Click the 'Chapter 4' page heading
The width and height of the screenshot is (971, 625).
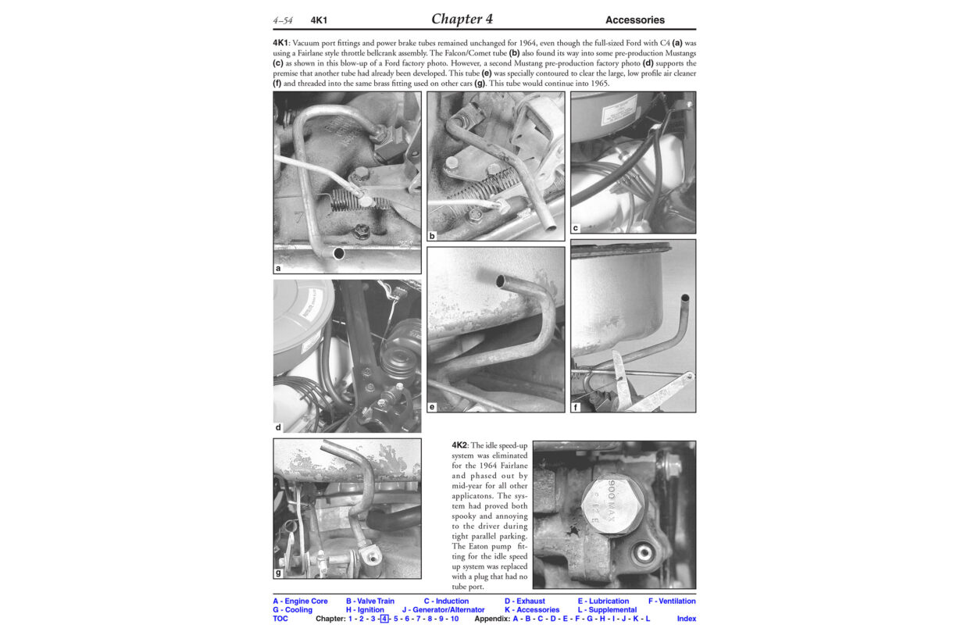point(462,19)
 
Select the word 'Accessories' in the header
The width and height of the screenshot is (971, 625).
point(634,20)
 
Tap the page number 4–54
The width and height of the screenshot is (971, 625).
point(283,20)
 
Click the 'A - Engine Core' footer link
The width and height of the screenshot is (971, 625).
point(300,601)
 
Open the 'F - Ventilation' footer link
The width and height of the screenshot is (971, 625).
point(672,601)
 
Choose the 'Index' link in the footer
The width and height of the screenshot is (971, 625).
point(686,619)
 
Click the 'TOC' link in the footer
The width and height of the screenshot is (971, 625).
point(280,619)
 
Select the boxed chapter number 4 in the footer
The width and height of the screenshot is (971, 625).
point(384,619)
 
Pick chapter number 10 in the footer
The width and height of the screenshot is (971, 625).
point(455,619)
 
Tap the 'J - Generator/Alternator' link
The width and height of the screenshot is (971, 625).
point(443,610)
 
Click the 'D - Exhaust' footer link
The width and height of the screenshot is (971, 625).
point(524,601)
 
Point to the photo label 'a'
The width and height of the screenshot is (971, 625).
point(278,268)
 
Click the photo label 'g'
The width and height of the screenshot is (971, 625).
point(278,573)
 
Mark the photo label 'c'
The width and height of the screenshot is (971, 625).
point(575,228)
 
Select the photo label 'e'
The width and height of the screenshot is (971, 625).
point(432,407)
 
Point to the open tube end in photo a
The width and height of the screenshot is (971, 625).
point(338,253)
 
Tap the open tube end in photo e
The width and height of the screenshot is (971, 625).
point(500,282)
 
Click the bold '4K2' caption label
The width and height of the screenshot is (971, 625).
point(459,445)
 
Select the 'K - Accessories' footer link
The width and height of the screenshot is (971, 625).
point(532,610)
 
